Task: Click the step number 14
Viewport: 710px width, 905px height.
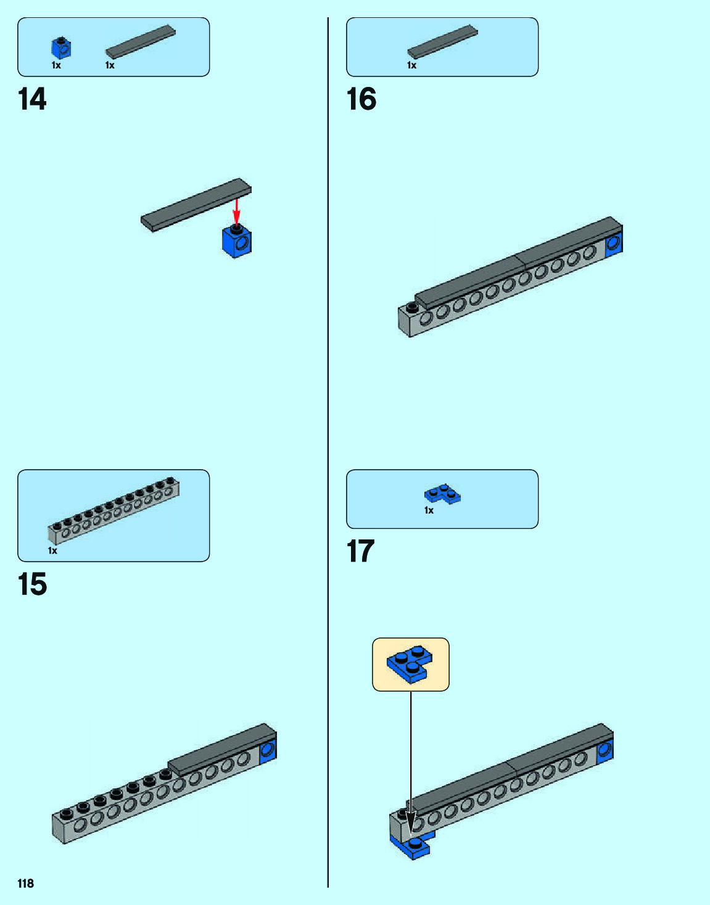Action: (x=32, y=99)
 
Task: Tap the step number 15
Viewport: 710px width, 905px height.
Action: (x=32, y=584)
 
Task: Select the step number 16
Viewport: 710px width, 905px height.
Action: (x=361, y=99)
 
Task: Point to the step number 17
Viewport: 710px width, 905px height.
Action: (x=361, y=551)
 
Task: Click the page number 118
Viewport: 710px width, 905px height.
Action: (x=26, y=883)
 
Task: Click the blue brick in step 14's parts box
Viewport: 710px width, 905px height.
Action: (x=60, y=48)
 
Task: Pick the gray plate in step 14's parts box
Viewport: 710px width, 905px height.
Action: (x=141, y=41)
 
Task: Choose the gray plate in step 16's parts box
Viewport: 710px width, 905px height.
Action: (x=442, y=41)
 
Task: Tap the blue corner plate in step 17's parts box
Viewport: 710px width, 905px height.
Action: (x=443, y=494)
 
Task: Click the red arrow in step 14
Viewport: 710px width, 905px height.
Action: (x=236, y=211)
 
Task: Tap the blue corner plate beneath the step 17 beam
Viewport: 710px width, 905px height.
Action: (x=413, y=845)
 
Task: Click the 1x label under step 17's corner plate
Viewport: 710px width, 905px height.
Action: (x=429, y=510)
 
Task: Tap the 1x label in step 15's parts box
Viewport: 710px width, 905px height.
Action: (x=52, y=551)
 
